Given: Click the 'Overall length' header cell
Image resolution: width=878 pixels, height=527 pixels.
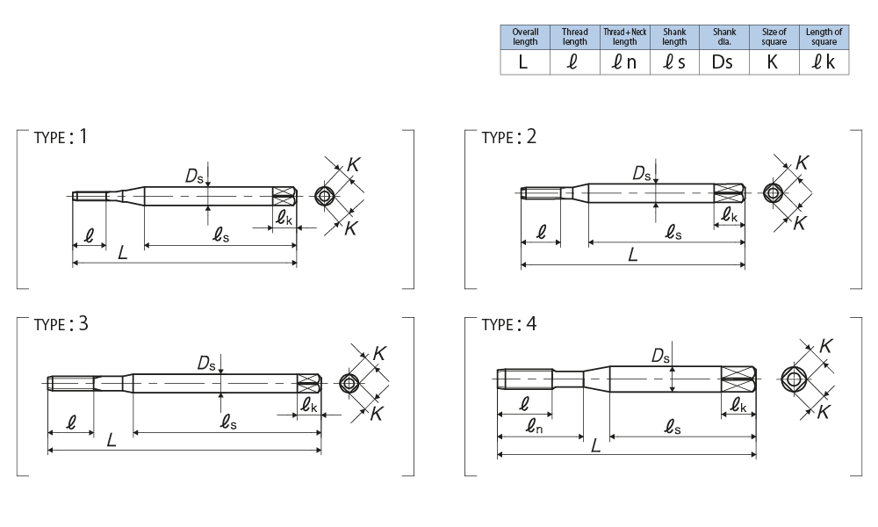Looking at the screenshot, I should pos(525,37).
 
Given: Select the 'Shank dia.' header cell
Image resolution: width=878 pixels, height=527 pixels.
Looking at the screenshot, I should pos(723,37).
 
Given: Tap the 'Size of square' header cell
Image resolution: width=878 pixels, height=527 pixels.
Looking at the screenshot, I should pos(774,37).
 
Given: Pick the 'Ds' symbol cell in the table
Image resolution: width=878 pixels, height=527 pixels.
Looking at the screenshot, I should pos(723,62).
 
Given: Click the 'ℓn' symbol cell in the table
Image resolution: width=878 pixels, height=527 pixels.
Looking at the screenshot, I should pos(624,62).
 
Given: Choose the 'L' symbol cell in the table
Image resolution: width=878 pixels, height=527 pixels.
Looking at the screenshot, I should pos(525,62).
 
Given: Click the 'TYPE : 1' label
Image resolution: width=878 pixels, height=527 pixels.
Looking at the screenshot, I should pos(61,137).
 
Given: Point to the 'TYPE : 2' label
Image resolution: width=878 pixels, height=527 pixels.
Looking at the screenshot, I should pos(509,137).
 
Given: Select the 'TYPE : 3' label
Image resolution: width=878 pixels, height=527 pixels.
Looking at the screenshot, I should pos(61,323).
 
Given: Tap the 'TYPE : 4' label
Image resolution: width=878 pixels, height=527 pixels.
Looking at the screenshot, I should pos(509,324).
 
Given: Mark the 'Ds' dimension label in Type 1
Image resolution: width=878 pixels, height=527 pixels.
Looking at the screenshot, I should pos(195,176).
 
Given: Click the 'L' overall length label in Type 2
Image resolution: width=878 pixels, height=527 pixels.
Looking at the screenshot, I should pos(633,255).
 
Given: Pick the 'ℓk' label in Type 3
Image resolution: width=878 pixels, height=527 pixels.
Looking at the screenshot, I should pos(309,406).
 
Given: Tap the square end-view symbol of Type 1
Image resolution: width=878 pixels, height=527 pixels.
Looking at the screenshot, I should pos(326,195).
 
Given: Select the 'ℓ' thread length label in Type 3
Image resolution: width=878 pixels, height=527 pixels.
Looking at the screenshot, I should pos(71,422).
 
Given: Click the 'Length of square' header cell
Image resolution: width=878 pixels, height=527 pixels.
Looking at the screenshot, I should pos(824,37).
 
